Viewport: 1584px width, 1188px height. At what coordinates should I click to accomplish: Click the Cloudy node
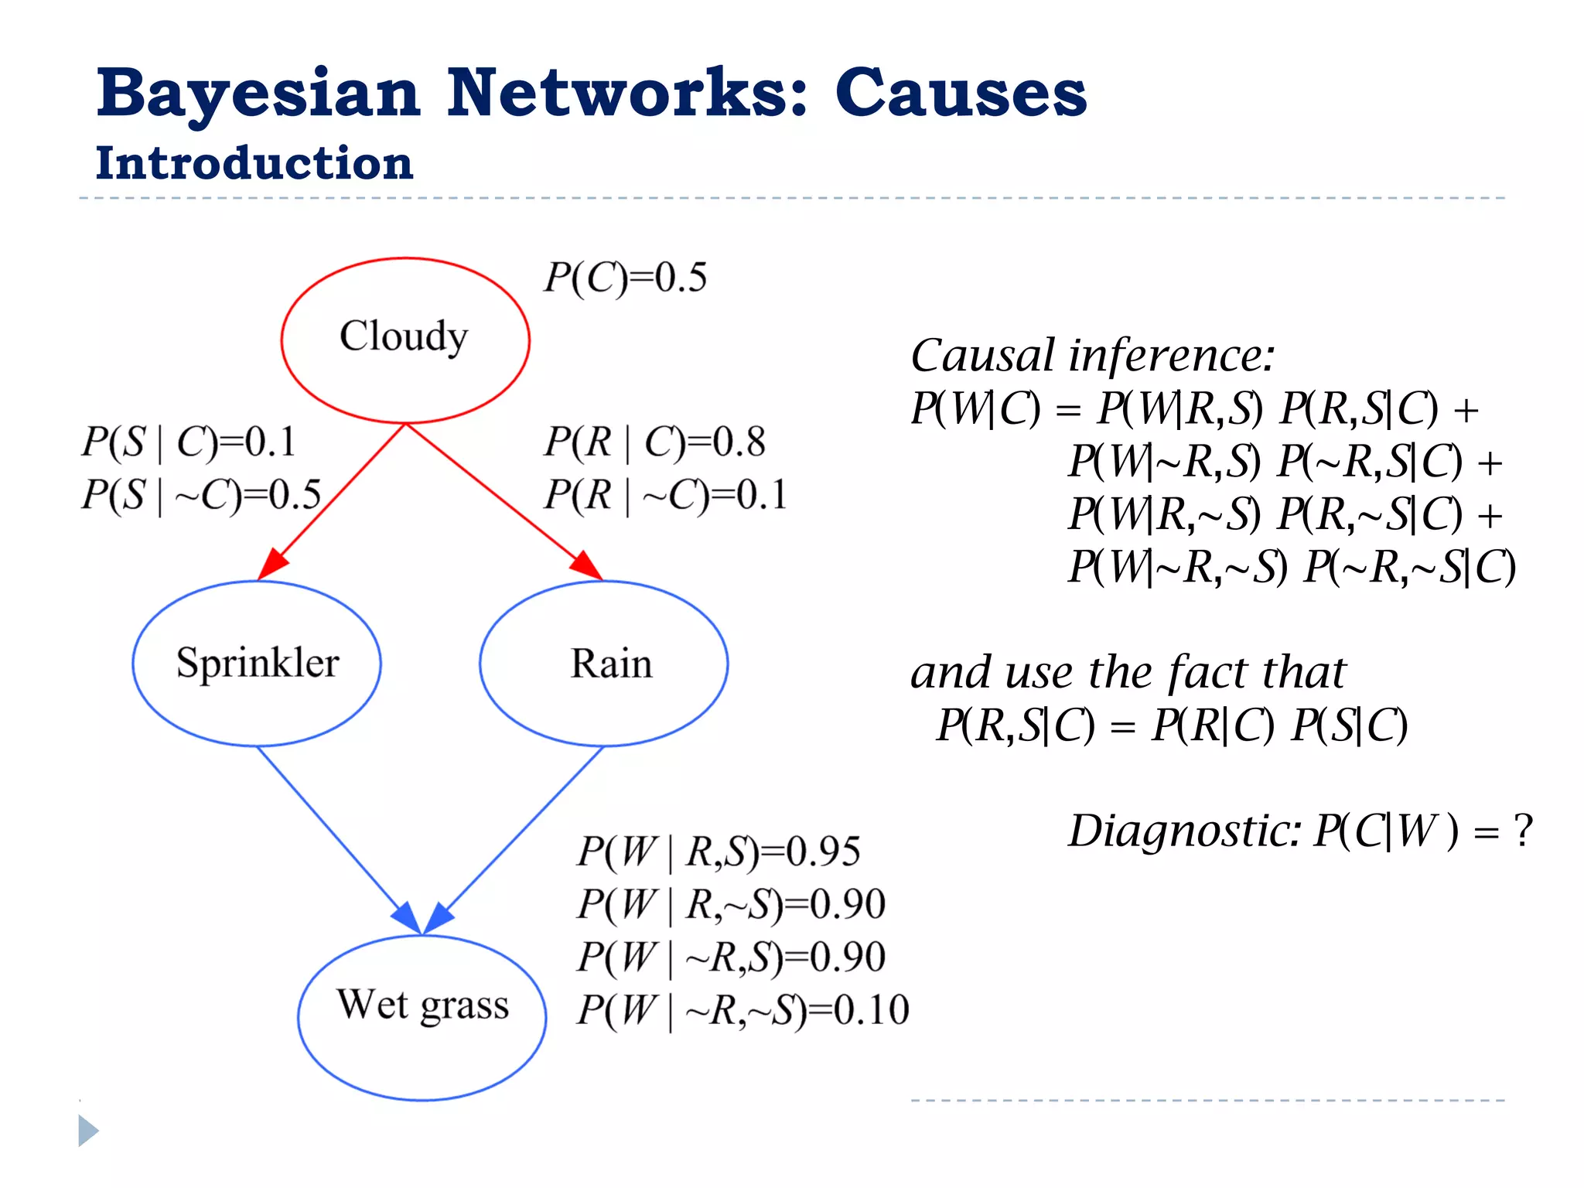(405, 339)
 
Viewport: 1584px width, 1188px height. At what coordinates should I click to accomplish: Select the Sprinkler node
(257, 663)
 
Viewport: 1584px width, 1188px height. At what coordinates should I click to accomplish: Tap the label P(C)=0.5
(625, 277)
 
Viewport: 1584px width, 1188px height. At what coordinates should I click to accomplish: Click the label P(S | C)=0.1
(189, 442)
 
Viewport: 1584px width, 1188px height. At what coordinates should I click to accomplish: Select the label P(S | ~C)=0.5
(201, 494)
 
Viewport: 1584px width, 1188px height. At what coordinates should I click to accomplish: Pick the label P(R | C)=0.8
(654, 442)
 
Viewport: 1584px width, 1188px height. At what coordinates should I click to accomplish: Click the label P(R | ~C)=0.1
(665, 494)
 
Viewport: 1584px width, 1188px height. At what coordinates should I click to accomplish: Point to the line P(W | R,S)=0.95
(719, 851)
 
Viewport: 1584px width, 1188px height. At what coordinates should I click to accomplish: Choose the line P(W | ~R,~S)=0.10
(742, 1009)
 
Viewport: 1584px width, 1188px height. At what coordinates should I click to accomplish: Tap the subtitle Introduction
(254, 163)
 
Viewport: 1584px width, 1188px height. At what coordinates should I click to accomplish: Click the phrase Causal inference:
(1092, 355)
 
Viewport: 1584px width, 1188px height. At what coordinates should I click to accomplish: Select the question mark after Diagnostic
(1522, 831)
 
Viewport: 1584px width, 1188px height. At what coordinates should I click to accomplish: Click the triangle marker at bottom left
(87, 1131)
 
